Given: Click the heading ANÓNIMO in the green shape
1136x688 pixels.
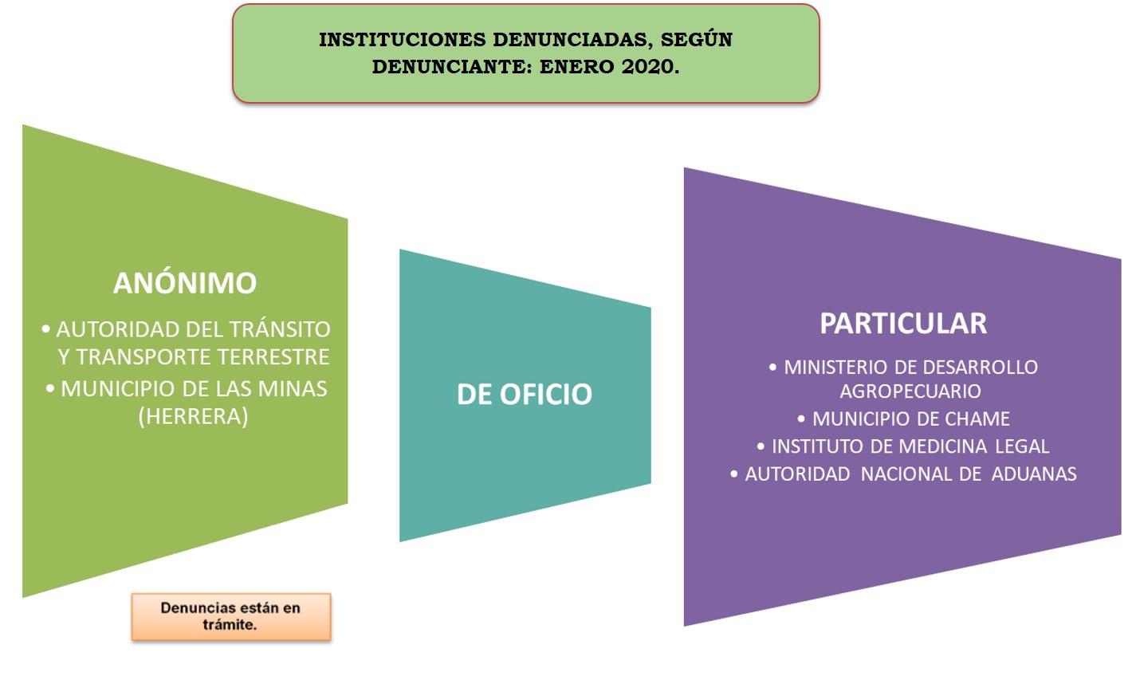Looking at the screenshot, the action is tap(185, 282).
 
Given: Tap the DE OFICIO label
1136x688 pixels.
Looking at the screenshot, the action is tap(525, 394).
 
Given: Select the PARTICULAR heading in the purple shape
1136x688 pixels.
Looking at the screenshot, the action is tap(903, 323).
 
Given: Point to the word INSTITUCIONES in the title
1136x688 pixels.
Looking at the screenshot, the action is tap(402, 40).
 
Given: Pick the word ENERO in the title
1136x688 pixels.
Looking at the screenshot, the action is tap(576, 66).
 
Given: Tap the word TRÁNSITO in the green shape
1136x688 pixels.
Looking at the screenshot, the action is tap(280, 329).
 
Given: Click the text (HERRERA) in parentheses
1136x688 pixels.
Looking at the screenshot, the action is tap(193, 416).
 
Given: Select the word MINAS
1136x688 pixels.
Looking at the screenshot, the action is tap(293, 389).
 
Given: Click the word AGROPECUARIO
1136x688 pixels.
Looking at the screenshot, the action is tap(910, 391).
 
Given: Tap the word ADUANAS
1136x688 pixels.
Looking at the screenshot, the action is tap(1034, 474).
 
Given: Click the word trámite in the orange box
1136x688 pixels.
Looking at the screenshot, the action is tap(230, 625).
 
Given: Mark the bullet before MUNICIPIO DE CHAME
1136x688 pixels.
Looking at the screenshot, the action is tap(801, 419).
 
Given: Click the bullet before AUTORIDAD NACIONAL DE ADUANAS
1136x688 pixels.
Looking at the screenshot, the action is tap(734, 474).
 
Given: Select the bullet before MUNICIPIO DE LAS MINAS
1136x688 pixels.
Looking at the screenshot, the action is tap(49, 389).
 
